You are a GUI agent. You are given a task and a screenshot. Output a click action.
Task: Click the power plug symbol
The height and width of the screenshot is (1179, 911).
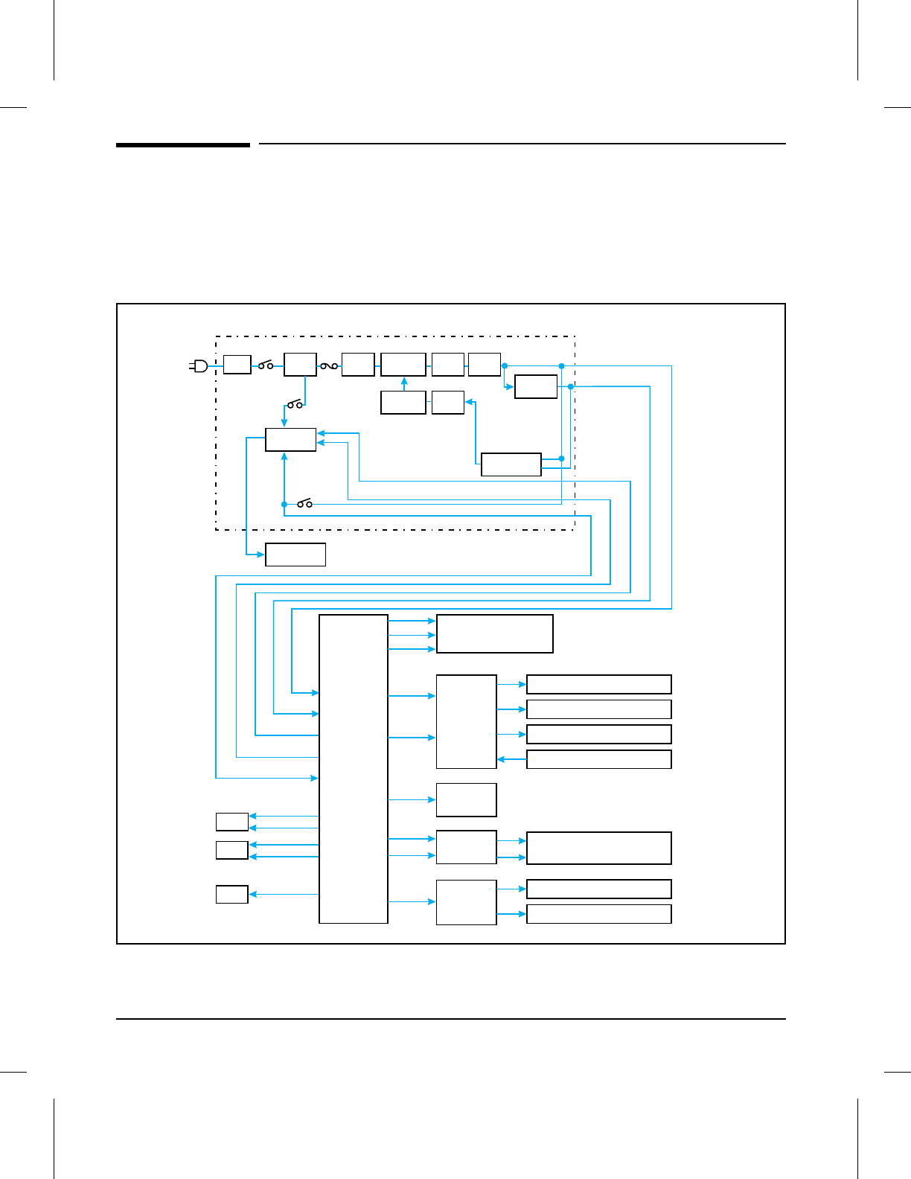199,365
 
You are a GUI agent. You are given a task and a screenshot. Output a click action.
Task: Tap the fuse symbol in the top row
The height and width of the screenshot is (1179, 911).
329,365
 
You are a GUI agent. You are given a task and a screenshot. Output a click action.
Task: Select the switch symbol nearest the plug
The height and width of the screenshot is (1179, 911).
266,365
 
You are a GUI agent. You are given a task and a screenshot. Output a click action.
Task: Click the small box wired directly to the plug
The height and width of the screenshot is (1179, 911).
237,365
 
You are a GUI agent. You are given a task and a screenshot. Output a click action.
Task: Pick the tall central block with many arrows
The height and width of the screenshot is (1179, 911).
354,769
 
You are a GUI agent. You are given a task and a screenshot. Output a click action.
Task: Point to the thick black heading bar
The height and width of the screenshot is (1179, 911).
183,144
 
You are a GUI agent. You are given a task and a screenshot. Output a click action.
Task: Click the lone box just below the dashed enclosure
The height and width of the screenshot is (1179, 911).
295,555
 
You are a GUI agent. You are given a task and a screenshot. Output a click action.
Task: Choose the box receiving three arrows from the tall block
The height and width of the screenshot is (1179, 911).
494,634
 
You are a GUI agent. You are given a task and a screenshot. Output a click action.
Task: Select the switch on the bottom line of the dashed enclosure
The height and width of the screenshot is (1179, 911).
304,504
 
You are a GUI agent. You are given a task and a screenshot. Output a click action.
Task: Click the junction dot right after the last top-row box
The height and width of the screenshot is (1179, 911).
505,365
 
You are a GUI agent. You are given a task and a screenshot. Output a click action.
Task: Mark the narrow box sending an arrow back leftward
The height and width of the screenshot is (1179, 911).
598,759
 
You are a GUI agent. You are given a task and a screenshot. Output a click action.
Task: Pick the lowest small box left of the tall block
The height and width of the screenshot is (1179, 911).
232,894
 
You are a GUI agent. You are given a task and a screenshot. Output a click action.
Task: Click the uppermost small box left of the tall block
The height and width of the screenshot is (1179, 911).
232,822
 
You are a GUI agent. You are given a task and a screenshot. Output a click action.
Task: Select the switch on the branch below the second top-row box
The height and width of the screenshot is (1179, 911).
295,404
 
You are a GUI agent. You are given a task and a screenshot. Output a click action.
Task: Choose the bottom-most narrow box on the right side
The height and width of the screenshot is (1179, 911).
598,914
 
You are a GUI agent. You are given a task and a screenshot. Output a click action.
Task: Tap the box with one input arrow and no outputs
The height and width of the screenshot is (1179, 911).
466,799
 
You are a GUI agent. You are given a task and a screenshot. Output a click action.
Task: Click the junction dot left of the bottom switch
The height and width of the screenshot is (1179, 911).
284,505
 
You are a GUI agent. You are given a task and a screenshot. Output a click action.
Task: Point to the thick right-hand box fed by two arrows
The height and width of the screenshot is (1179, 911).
598,849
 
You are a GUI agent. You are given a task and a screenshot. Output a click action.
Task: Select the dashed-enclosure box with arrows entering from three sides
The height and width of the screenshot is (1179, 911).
291,440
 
